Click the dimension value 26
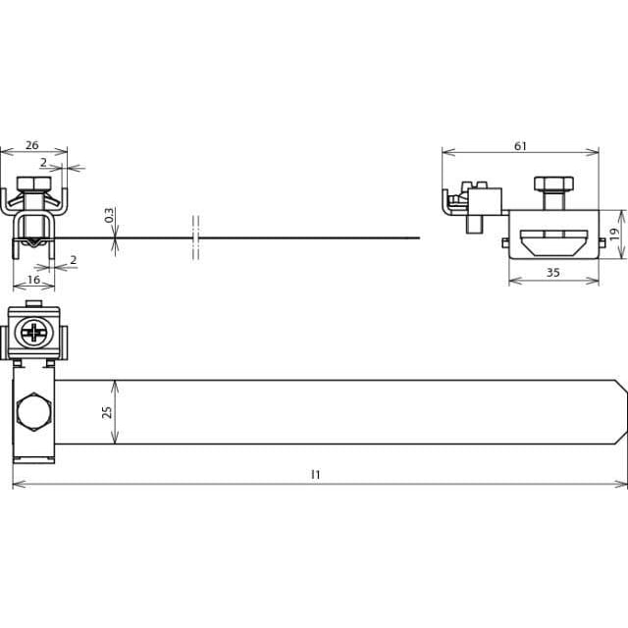tap(31, 145)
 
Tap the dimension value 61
tap(520, 146)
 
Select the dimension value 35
tap(553, 273)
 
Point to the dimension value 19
tap(614, 234)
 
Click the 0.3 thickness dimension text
tap(109, 215)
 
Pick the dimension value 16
tap(33, 280)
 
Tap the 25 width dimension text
tap(107, 412)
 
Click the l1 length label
tap(316, 475)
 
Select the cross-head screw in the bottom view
tap(34, 332)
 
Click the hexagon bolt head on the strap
tap(34, 412)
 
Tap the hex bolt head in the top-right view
tap(553, 183)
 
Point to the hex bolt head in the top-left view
tap(34, 183)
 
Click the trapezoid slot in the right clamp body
tap(553, 242)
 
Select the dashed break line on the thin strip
tap(195, 237)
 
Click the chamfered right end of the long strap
tap(621, 412)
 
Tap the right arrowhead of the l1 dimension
tap(621, 484)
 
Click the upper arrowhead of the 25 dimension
tap(115, 387)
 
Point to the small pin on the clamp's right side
tap(602, 242)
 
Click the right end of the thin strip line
tap(419, 237)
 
